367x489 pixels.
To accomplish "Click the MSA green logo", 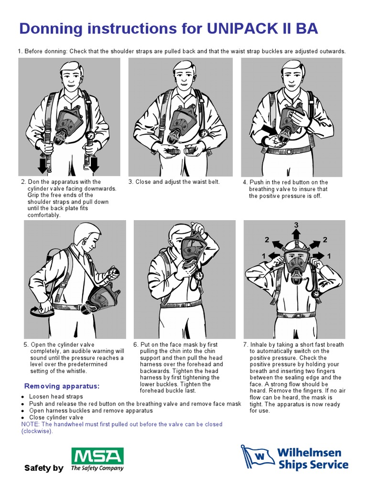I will click(97, 456).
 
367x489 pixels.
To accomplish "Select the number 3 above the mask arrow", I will click(296, 225).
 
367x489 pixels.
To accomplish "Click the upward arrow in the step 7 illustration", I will click(296, 234).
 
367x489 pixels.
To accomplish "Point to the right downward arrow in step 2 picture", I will click(94, 165).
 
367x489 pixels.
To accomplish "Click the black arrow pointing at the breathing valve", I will click(270, 130).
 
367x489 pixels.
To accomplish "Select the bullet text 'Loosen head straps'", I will click(56, 396).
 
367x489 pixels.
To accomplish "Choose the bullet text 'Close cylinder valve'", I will click(56, 417).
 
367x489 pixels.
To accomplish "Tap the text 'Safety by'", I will click(43, 468).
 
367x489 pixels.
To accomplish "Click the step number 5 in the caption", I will click(26, 345).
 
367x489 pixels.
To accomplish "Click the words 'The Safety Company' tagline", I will click(97, 468).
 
